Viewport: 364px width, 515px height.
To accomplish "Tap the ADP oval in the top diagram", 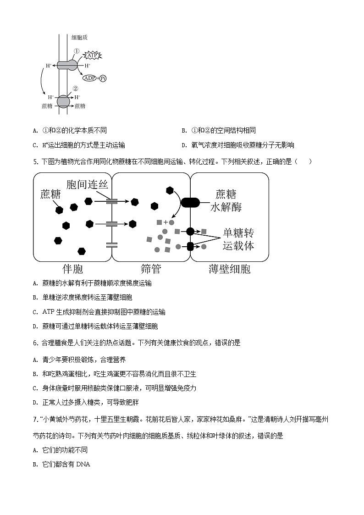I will coord(90,78).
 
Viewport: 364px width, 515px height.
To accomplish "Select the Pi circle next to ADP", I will coord(103,78).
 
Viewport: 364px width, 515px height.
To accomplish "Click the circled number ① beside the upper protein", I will coord(77,52).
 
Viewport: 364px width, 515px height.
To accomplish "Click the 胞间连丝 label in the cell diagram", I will coord(88,185).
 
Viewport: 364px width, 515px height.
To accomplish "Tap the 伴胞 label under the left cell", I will coord(72,268).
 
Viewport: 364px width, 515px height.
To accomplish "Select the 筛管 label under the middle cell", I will coord(151,268).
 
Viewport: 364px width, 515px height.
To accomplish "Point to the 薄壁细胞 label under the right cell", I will coord(229,268).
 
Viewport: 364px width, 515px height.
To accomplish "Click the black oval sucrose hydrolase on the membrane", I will coord(190,202).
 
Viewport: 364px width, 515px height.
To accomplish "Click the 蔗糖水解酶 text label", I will coord(226,200).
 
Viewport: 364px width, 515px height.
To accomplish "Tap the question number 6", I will coord(36,343).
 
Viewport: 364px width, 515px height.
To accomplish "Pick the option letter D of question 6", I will coord(35,402).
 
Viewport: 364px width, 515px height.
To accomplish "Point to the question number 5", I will coord(36,161).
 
